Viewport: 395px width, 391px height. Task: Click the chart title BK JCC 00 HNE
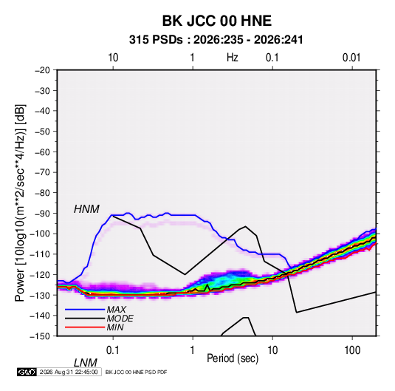(217, 21)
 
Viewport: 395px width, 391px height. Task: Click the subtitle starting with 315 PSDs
(216, 40)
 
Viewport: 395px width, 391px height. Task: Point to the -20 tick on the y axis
(42, 70)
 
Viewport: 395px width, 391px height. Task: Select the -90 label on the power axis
(42, 214)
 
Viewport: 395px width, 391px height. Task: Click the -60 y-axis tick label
(42, 152)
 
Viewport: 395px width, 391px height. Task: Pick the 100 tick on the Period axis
(352, 350)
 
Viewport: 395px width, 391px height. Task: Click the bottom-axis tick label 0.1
(113, 350)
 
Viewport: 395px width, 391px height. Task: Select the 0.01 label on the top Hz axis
(351, 58)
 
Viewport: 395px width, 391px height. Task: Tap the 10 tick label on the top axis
(113, 58)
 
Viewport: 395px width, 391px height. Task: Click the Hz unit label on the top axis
(233, 58)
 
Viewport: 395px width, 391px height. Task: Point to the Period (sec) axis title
(233, 358)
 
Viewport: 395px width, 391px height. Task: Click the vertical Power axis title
(20, 203)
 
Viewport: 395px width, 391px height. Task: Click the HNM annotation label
(86, 209)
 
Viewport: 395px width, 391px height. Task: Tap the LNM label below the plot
(86, 363)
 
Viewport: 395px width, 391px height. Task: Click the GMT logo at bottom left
(27, 372)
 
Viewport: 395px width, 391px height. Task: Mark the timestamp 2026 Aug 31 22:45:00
(69, 372)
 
